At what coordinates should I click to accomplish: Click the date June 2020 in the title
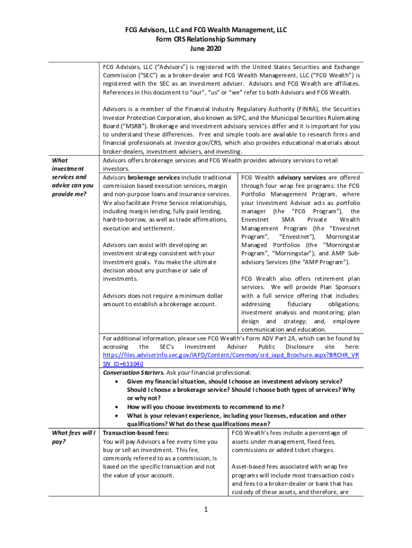[205, 48]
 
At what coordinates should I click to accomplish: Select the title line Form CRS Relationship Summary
[205, 39]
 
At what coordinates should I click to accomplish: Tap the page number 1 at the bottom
[205, 509]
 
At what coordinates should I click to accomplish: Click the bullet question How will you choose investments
[205, 407]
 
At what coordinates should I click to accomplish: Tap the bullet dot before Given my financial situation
[117, 381]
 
